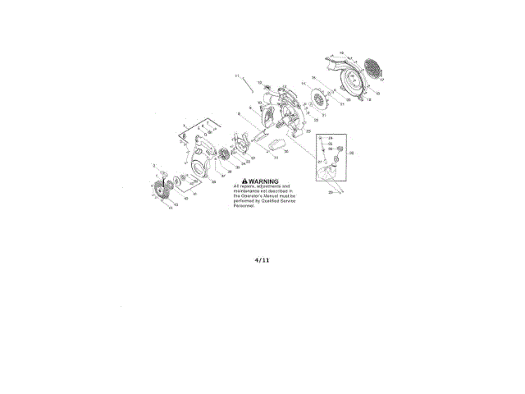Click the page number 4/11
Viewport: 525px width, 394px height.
pos(262,260)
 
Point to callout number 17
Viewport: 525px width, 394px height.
pos(381,80)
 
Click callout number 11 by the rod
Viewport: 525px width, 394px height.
pos(236,76)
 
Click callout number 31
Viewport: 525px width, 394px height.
pos(276,158)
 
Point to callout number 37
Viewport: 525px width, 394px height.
pos(222,175)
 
